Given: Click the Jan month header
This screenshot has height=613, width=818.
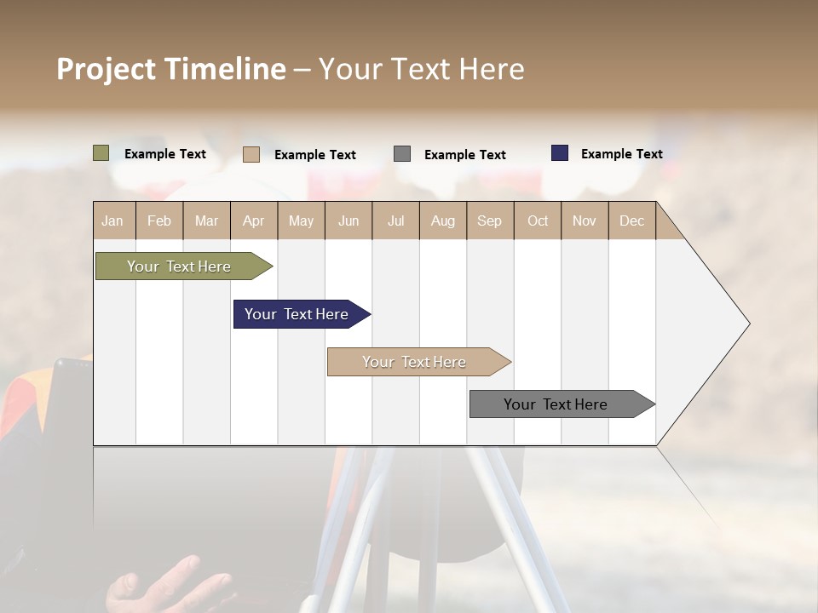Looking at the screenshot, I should coord(112,221).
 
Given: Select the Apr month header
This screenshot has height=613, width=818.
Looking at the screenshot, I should coord(253,221).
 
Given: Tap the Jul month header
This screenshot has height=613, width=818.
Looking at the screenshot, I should coord(395,221).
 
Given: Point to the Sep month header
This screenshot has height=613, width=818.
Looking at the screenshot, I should coord(489,221).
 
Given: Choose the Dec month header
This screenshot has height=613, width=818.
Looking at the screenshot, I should coord(631,221).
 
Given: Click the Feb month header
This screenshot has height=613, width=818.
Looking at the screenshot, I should coord(159,221).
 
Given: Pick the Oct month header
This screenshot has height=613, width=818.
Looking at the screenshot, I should coord(538,221).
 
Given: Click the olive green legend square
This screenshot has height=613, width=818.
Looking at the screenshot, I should coord(101,153).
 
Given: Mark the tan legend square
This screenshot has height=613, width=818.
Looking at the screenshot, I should coord(251,154).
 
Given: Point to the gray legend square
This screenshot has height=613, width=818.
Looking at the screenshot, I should coord(402,154).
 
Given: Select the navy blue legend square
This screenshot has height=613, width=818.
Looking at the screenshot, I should coord(560,153).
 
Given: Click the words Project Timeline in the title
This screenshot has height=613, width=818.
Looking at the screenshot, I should coord(171,69).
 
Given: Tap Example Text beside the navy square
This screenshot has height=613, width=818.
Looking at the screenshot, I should coord(621,154).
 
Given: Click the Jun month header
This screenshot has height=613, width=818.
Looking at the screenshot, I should coord(349,221).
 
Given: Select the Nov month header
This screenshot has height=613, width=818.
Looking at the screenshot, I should coord(585,221).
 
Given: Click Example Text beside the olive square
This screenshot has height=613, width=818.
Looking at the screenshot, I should coord(165,154).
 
